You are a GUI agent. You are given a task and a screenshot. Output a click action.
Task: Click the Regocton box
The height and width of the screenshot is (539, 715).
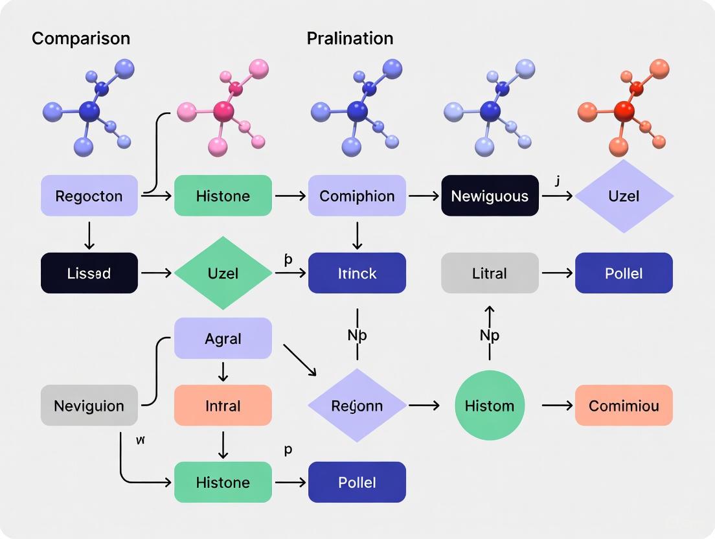(x=89, y=196)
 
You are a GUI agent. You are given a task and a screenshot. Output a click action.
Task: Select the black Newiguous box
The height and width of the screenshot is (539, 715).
(x=490, y=196)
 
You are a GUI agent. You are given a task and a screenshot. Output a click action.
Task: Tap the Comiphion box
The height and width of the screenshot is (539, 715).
(x=357, y=196)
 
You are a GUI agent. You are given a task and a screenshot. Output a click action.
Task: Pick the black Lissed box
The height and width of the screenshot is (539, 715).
(x=89, y=273)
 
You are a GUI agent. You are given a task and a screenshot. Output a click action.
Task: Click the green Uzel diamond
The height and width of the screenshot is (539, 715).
(x=223, y=273)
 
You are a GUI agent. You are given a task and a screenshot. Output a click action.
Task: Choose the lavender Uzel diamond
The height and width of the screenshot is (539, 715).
(x=624, y=196)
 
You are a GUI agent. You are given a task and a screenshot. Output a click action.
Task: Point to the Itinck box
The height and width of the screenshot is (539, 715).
(x=357, y=273)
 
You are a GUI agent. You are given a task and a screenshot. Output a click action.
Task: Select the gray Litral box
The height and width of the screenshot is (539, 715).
(x=490, y=273)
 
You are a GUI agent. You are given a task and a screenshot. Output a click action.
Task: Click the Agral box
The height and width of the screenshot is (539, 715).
(x=223, y=338)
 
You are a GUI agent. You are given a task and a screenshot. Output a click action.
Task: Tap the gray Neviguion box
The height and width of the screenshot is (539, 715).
(x=89, y=406)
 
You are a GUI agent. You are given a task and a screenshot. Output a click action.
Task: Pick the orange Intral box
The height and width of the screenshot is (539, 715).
(x=223, y=406)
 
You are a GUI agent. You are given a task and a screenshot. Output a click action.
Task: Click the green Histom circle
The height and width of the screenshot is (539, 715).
(x=490, y=406)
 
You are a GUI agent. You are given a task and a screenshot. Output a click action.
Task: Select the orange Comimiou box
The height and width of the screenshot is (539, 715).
(x=624, y=406)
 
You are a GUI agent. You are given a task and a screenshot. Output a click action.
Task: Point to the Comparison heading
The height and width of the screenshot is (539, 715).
(x=81, y=38)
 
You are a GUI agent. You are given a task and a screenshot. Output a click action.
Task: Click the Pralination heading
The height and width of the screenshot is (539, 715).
(x=350, y=38)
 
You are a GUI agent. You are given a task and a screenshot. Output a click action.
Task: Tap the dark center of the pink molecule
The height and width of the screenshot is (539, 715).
(x=224, y=111)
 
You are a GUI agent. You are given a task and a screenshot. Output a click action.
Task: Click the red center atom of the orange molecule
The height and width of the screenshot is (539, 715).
(x=624, y=111)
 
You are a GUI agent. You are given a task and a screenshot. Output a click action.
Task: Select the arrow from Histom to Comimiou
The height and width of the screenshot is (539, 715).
(x=557, y=406)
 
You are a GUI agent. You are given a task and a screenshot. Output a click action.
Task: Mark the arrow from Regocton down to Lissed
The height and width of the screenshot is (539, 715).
(x=89, y=235)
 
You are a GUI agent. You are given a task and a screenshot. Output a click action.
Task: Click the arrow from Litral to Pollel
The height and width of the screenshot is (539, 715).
(x=557, y=273)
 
